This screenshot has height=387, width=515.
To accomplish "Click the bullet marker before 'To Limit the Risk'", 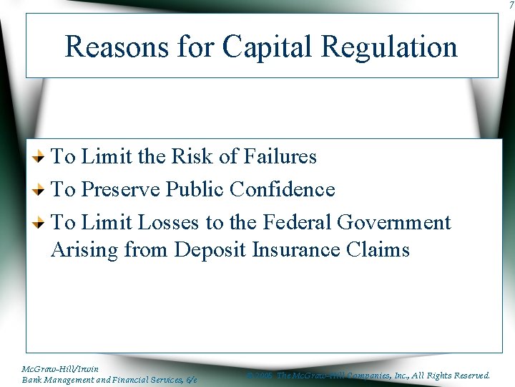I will pos(42,156).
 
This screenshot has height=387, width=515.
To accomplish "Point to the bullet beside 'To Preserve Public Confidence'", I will pos(42,190).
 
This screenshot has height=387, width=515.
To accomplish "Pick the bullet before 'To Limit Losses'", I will pos(42,224).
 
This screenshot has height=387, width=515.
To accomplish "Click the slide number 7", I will pos(511,6).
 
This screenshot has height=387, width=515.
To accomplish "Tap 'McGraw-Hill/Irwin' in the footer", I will pos(60,369).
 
